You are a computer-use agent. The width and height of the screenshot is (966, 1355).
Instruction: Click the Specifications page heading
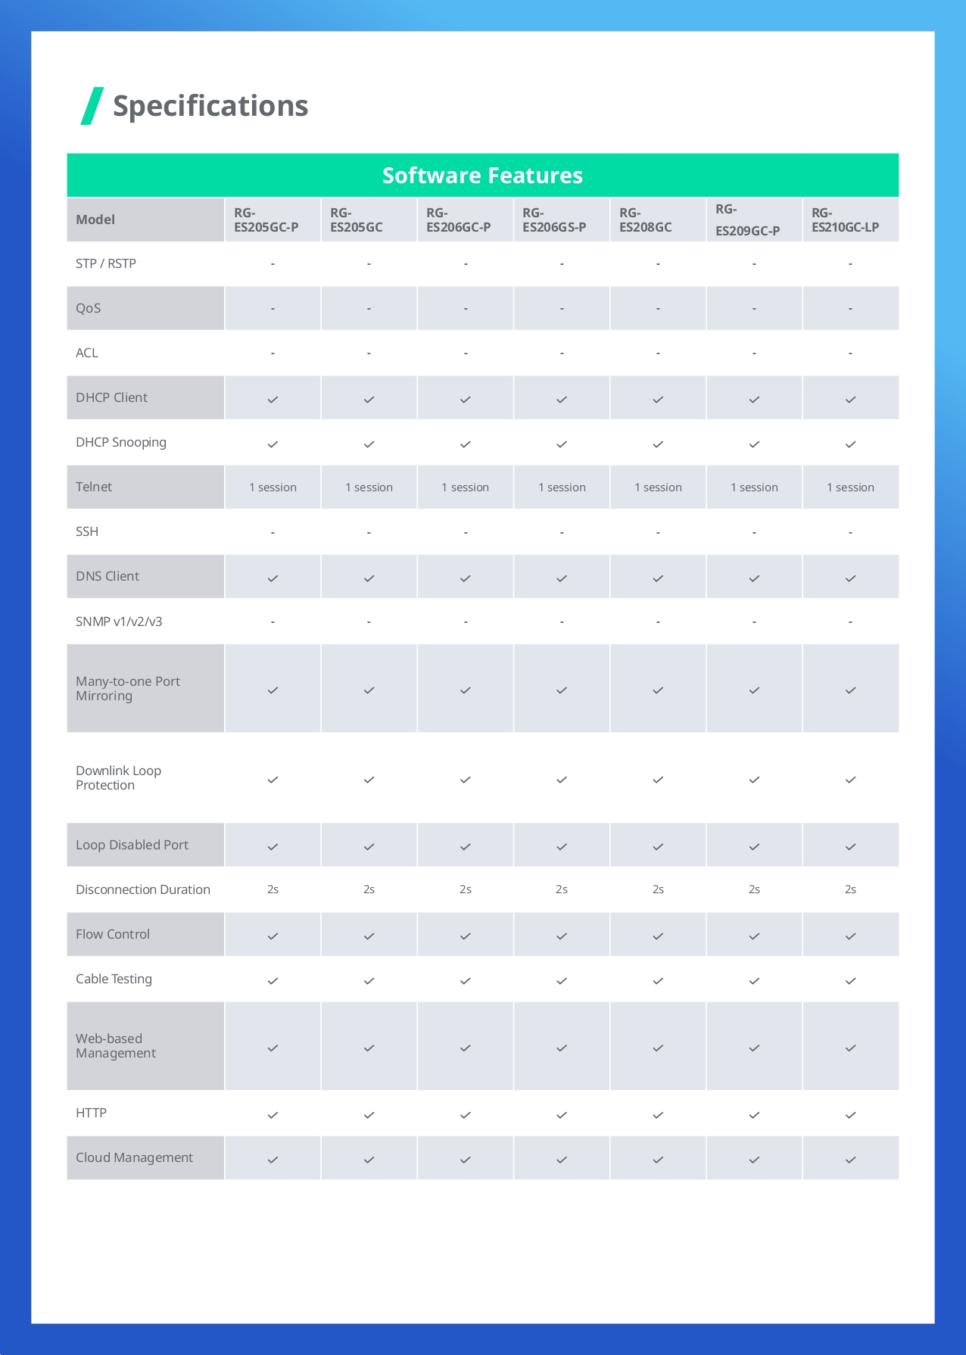(x=210, y=106)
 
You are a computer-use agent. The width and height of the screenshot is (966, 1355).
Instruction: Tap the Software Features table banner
(x=482, y=176)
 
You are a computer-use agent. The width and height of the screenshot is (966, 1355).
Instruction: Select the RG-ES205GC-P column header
(x=266, y=220)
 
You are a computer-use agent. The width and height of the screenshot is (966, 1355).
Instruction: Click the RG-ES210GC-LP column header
(x=845, y=220)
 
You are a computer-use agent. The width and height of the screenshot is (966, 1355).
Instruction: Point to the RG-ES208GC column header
(x=645, y=220)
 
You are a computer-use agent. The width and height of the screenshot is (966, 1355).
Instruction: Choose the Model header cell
(x=95, y=220)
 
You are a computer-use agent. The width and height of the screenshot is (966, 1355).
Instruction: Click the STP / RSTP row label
(x=106, y=263)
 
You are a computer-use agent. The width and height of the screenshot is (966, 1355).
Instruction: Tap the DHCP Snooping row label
(x=121, y=442)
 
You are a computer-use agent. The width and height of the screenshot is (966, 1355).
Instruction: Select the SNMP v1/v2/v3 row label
(x=119, y=621)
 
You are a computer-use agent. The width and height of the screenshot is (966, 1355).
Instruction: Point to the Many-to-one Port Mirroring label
(x=128, y=688)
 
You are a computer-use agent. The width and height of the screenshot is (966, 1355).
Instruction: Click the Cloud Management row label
(x=134, y=1157)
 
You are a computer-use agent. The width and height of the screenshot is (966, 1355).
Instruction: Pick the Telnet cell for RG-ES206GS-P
(x=562, y=487)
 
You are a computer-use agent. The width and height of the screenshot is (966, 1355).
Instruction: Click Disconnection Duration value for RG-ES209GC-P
(x=754, y=889)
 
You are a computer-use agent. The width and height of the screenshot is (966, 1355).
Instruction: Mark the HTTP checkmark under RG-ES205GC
(x=369, y=1115)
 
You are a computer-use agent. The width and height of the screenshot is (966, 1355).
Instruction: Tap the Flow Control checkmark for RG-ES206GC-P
(x=466, y=936)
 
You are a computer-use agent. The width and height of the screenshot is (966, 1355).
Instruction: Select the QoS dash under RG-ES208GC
(x=658, y=309)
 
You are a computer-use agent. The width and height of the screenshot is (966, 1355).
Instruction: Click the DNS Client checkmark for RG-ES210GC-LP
(x=850, y=578)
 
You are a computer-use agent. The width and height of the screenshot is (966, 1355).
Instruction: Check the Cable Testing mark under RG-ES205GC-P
(x=273, y=981)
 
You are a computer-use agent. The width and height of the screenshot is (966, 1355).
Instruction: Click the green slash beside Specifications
(x=92, y=106)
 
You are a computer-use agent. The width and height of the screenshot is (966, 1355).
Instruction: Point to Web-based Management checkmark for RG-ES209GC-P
(x=754, y=1048)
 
